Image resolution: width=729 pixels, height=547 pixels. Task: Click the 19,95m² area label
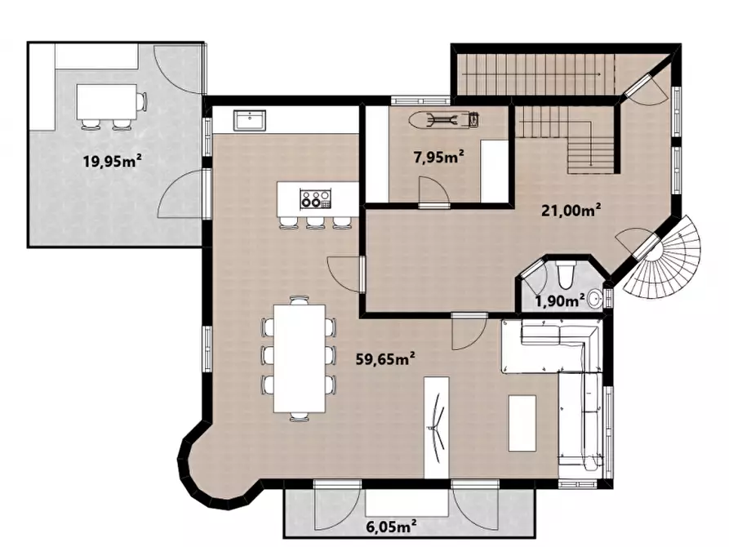112,161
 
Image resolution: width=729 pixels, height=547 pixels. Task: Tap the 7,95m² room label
439,158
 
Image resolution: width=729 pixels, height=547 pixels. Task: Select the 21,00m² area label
571,210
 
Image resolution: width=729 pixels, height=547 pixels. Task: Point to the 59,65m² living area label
385,358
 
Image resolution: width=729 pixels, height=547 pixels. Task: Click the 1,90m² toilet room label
559,301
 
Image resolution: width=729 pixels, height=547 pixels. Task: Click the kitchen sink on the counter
250,121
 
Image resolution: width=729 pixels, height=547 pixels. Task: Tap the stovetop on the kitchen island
316,199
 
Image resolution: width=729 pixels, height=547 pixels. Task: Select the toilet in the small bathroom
566,275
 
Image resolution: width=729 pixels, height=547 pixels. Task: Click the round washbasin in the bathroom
595,298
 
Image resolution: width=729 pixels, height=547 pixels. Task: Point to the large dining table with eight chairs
299,358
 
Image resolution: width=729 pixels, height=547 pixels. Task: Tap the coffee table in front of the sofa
522,423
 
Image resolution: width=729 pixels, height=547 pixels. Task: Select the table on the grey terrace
107,102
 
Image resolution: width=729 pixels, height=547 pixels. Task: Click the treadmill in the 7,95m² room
444,119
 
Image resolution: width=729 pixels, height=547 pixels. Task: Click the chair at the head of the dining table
300,300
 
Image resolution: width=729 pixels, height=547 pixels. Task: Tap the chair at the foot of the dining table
300,416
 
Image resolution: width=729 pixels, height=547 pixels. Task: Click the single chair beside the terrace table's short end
142,102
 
